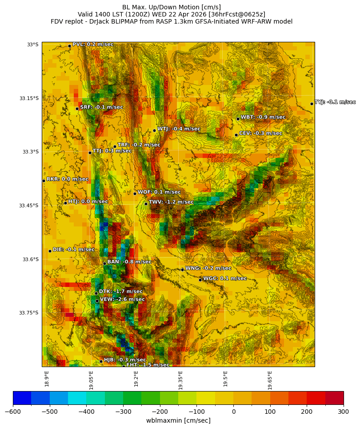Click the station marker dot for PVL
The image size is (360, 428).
pos(69,46)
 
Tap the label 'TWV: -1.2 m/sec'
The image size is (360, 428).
pos(171,202)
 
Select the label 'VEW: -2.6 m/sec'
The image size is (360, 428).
pos(122,299)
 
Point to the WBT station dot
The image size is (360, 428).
pos(238,119)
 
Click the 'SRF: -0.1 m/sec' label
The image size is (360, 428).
pos(101,107)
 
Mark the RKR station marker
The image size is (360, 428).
pos(44,181)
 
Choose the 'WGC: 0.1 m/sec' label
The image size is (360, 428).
pos(225,279)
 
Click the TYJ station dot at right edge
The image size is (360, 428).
pos(312,104)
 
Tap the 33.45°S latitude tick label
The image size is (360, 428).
pos(28,206)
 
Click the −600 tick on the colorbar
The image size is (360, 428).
pos(13,412)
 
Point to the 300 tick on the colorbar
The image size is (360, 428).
pos(344,412)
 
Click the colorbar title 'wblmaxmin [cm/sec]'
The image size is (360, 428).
pos(178,420)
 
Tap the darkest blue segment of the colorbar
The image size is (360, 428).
pos(22,398)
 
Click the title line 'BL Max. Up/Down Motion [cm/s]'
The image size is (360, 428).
pos(172,7)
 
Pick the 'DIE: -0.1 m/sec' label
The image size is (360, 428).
pos(74,250)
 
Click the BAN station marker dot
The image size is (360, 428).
pos(104,263)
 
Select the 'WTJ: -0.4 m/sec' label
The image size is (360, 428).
pos(179,129)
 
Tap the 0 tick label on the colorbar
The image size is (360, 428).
pos(233,412)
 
